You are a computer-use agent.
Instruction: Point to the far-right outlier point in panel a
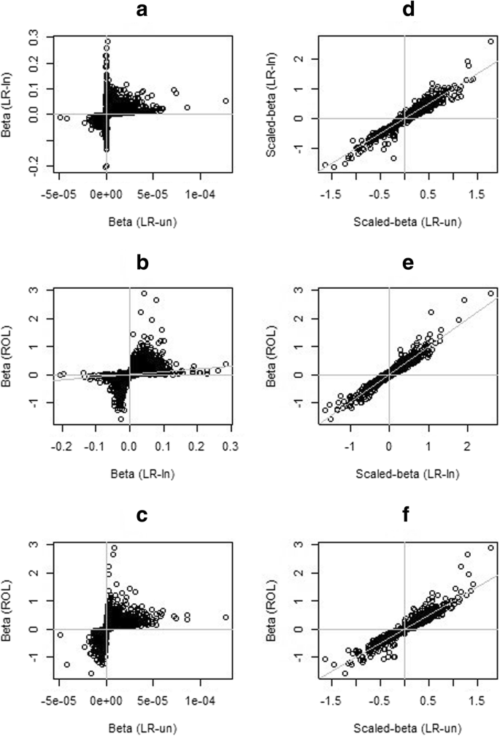click(225, 101)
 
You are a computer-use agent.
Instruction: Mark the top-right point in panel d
click(490, 42)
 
